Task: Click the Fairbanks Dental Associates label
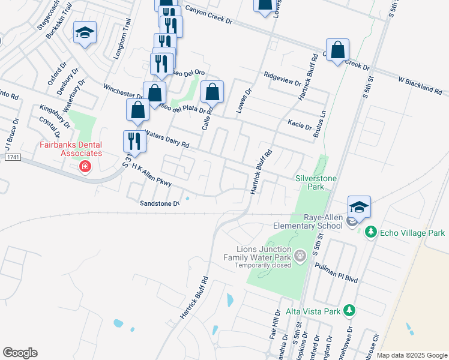(x=70, y=149)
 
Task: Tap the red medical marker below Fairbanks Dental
(x=85, y=166)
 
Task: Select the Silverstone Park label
(x=316, y=183)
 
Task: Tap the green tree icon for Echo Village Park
(x=371, y=232)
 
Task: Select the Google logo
(x=20, y=353)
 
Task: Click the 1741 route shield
(x=12, y=157)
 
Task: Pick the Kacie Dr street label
(x=300, y=127)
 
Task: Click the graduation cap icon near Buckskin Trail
(x=85, y=34)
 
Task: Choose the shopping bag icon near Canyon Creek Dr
(x=338, y=51)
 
